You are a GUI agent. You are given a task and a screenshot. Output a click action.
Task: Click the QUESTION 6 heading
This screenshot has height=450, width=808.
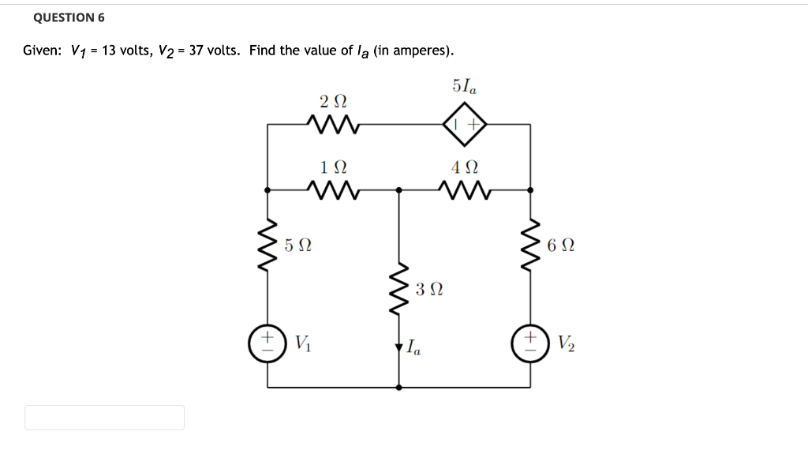point(69,17)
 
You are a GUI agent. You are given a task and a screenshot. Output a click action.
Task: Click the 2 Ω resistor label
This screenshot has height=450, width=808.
point(334,102)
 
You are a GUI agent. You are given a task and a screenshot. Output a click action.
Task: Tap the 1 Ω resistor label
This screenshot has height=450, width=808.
point(334,167)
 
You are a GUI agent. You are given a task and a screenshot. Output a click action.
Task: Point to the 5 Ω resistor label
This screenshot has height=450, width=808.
point(297,246)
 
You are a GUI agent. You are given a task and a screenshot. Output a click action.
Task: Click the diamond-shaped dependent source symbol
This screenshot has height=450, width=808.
point(464,125)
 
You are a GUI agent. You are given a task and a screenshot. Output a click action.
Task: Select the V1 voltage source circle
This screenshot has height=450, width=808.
point(267,344)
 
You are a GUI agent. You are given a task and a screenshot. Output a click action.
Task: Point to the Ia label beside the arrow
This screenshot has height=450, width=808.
point(414,347)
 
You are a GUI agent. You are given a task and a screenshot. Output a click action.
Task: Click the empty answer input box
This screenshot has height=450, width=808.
point(104,418)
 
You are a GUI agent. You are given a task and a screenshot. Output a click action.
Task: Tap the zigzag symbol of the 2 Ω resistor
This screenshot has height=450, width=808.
point(333,125)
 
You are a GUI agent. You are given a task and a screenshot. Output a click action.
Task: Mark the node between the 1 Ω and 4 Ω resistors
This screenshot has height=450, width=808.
point(398,189)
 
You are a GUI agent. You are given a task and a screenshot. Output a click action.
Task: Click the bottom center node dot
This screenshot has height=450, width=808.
point(398,388)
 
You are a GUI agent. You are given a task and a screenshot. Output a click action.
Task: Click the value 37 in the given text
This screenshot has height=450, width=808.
point(196,51)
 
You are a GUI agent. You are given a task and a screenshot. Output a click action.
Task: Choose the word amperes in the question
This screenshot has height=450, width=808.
point(421,51)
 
